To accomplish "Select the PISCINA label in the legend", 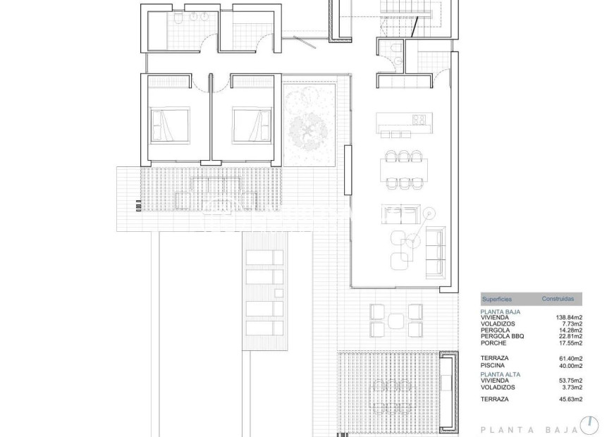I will pos(493,366).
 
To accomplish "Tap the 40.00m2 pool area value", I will pos(570,366).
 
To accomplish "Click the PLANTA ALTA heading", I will pos(501,374).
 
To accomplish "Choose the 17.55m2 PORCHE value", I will pos(570,343).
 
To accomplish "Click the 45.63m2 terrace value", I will pos(570,400).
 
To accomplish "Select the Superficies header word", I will pos(496,299).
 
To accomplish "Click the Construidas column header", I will pos(558,299).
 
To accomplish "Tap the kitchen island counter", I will pos(403,119).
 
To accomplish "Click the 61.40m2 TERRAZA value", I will pos(570,359).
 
